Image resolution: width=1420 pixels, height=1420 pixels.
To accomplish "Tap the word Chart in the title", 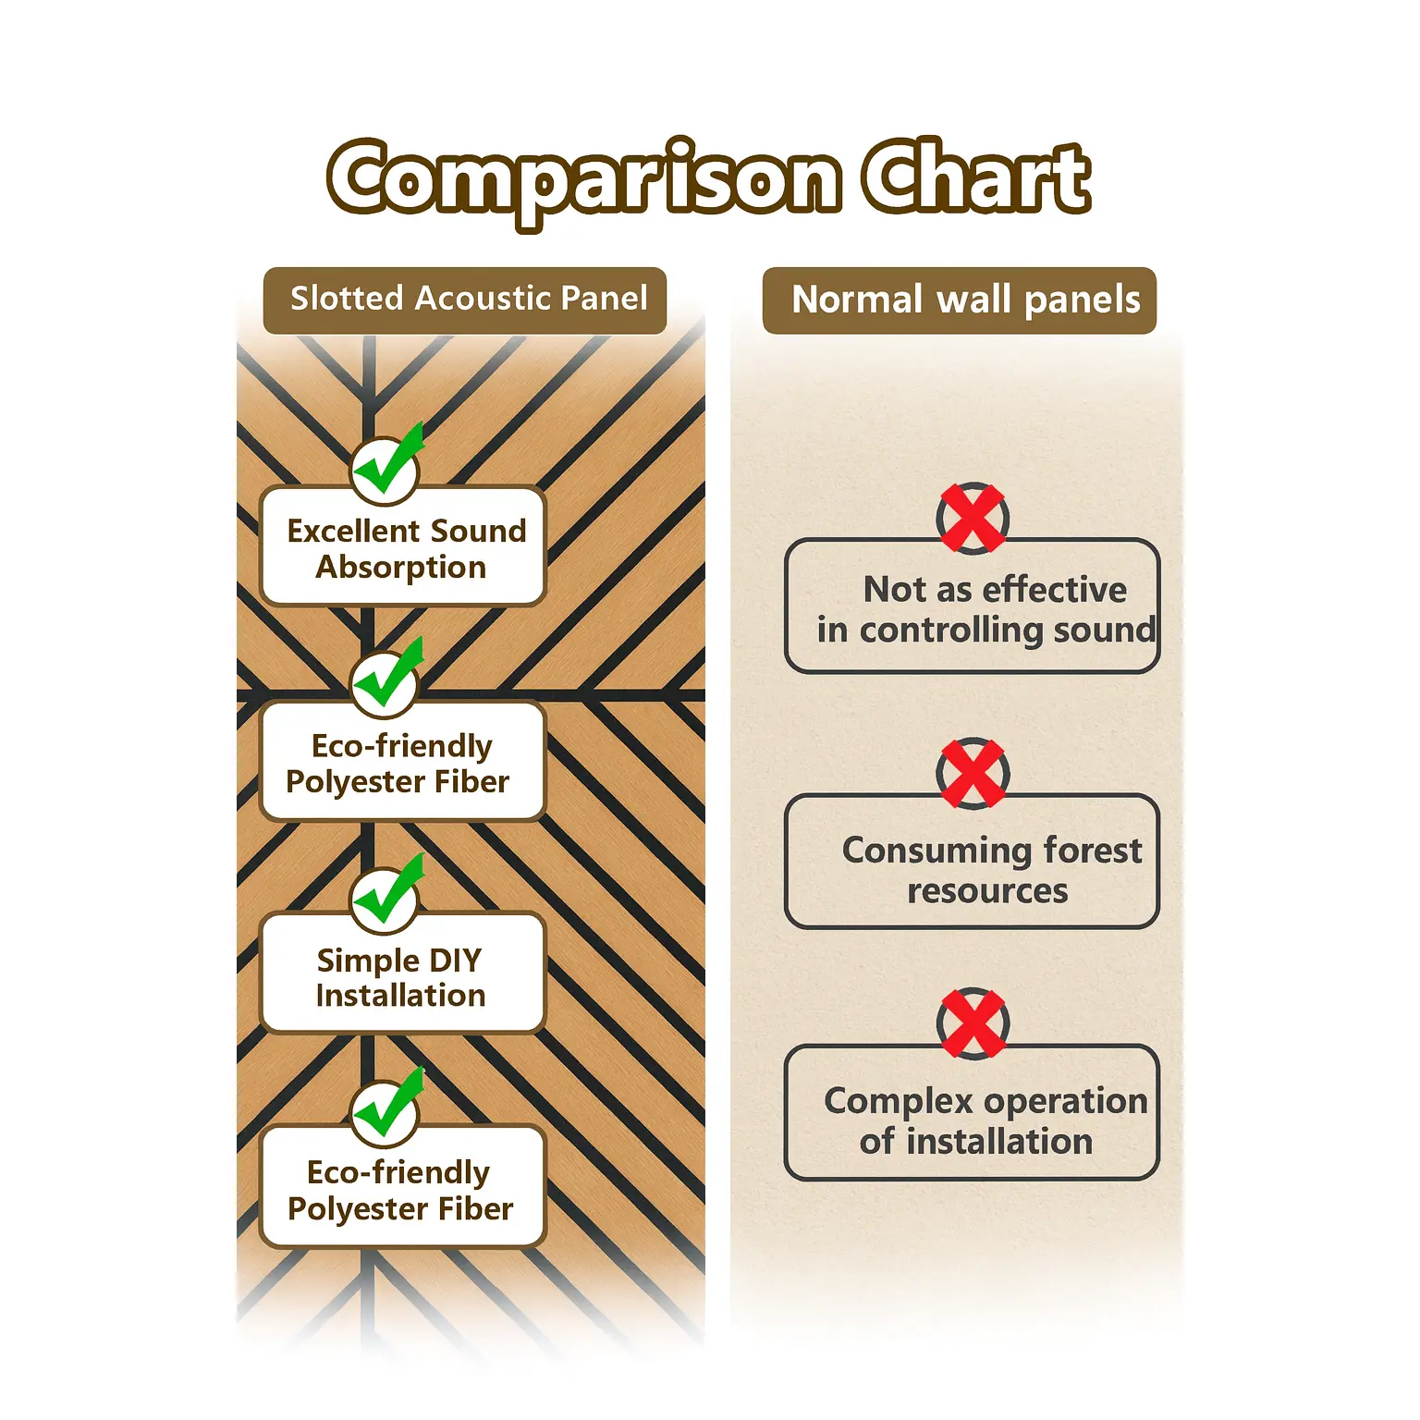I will [x=976, y=177].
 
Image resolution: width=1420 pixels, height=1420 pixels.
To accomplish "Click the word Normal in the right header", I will [x=857, y=300].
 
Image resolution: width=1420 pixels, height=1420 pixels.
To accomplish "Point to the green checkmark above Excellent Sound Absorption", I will [x=386, y=468].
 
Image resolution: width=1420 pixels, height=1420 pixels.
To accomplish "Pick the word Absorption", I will [x=401, y=567].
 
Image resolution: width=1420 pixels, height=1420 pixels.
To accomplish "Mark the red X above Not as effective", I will [x=972, y=518].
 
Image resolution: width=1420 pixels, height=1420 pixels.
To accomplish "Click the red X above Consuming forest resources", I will [x=972, y=773].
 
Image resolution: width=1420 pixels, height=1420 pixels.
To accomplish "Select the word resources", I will [x=987, y=891].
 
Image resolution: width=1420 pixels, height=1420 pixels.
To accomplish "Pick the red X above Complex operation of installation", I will [x=972, y=1023].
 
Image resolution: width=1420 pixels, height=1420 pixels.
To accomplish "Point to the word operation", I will [x=1065, y=1102].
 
